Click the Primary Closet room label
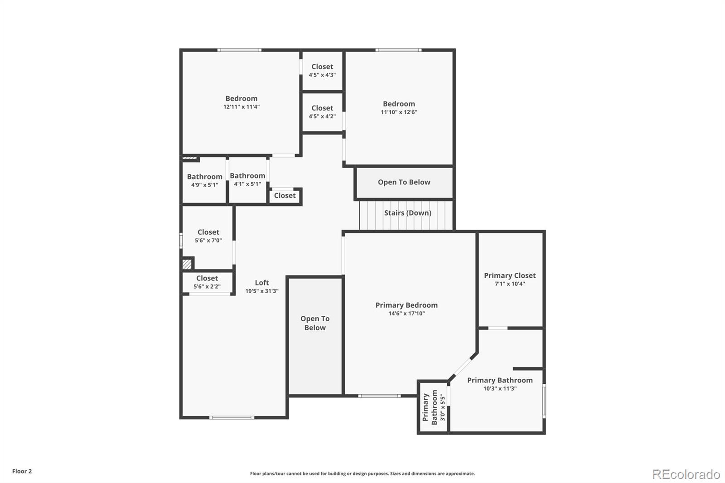coord(510,275)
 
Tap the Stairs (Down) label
coord(407,213)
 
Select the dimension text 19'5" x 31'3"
coord(262,291)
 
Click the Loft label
coord(262,283)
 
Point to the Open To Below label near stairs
coord(404,182)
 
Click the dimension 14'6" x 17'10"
coord(406,314)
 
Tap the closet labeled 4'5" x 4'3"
coord(322,71)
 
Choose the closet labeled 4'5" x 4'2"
coord(322,112)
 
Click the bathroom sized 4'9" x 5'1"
coord(204,180)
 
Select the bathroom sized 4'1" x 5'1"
coord(247,179)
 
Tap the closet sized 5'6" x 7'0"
coord(208,236)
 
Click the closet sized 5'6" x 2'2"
coord(207,282)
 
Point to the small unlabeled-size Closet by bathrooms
coord(285,196)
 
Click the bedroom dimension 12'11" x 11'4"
coord(242,107)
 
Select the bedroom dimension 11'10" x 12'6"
coord(399,112)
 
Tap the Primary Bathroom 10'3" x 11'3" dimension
coord(500,389)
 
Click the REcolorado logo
coord(686,474)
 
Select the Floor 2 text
coord(22,471)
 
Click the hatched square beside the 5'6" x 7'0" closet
coord(187,264)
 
